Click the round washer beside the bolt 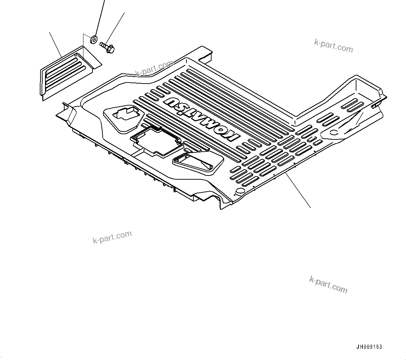coord(94,39)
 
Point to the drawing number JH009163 coord(369,347)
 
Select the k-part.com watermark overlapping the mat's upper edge coord(154,69)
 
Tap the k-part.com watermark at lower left coord(112,237)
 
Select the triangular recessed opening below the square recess coord(198,162)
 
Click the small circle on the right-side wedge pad coord(333,132)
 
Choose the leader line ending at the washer coord(99,17)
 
